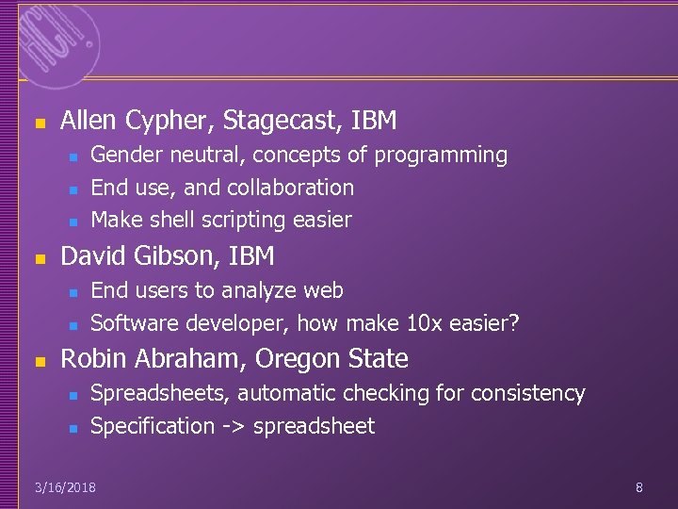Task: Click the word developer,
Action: [x=235, y=323]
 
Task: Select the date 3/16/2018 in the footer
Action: [x=65, y=487]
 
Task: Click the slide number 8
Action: [x=639, y=487]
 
